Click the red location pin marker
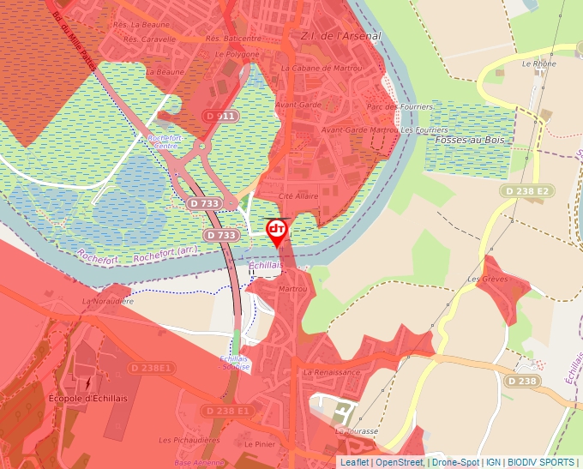pos(277,231)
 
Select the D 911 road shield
pos(220,115)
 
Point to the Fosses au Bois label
pos(471,140)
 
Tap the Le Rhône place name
pos(538,63)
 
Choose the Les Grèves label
pos(488,280)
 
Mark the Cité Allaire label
pos(298,196)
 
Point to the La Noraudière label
pos(107,302)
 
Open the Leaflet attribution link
pos(354,462)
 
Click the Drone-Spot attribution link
pos(454,462)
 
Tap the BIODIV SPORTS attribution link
pos(541,462)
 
